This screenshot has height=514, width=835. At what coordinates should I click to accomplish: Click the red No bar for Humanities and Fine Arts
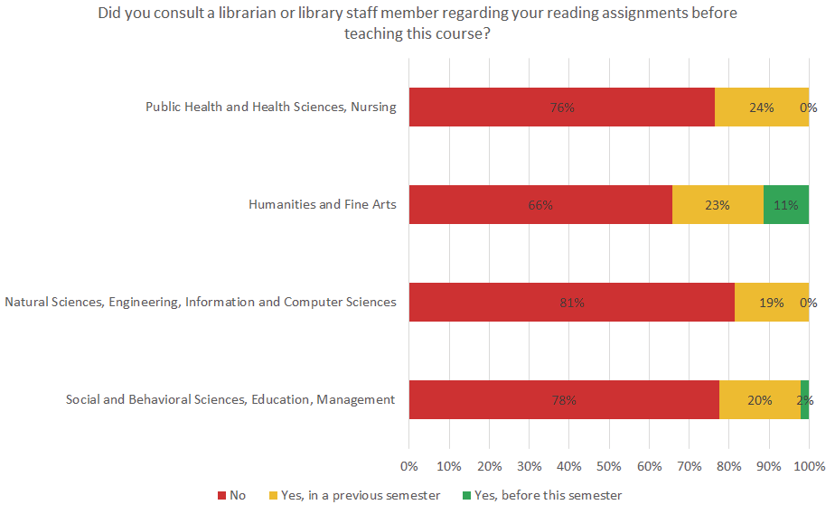point(540,204)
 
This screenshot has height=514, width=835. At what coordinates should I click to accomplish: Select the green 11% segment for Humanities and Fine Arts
point(786,204)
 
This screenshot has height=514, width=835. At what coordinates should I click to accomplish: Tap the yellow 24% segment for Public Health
point(761,107)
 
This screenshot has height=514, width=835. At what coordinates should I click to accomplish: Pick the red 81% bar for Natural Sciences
point(571,303)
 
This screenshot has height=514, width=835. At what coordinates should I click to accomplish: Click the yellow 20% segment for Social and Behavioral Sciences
point(760,400)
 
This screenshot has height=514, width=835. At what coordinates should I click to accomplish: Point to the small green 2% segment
point(804,400)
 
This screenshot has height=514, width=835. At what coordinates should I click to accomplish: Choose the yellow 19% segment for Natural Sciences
point(771,303)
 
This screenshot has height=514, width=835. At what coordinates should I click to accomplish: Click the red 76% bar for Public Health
point(561,107)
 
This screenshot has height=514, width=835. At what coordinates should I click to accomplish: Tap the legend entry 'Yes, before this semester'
point(541,495)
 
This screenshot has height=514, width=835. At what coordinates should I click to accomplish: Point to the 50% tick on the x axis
point(609,466)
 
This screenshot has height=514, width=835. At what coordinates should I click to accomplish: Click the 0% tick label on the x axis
point(409,466)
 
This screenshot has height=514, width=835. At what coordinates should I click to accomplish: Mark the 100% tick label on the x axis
point(809,466)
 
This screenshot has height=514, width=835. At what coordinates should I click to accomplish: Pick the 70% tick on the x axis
point(689,466)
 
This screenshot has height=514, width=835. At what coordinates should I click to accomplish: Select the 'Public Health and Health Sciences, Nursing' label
point(271,107)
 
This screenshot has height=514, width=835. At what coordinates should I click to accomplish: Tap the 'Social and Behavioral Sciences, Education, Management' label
point(230,400)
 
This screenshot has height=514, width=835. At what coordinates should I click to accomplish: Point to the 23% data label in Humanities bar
point(718,204)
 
